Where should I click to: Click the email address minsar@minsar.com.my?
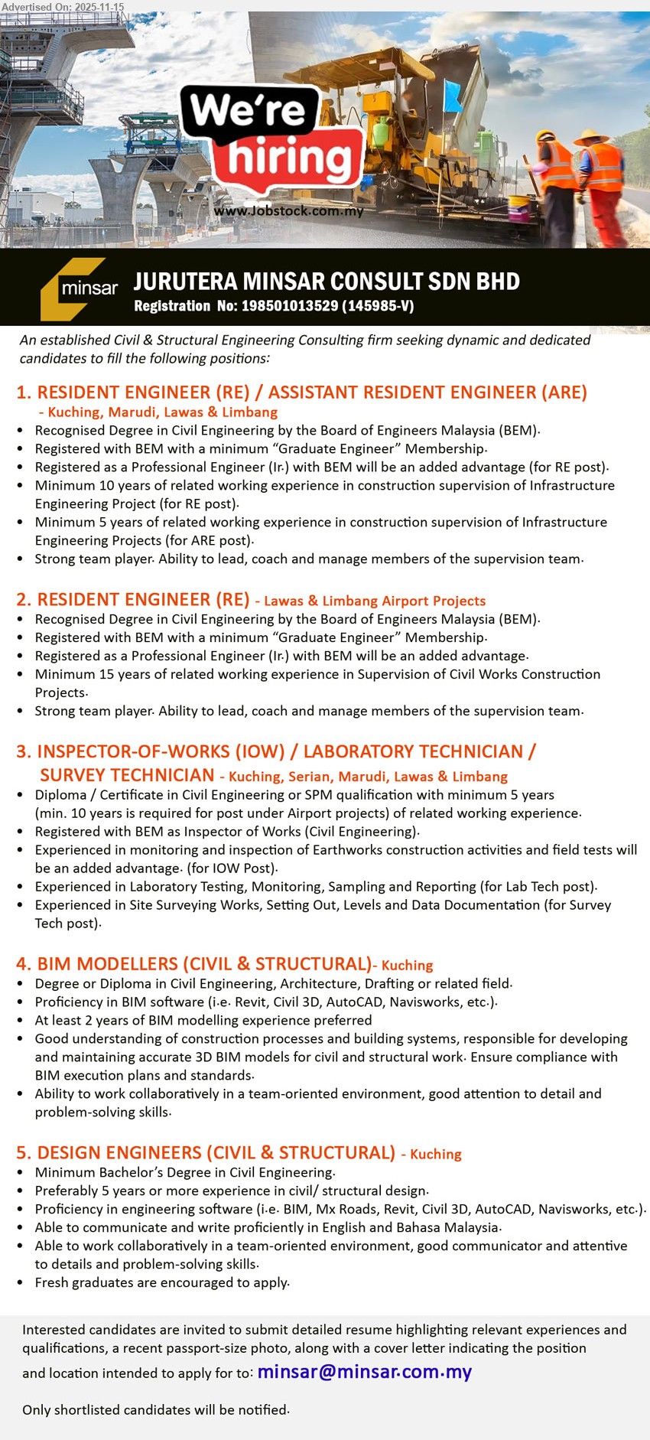[364, 1372]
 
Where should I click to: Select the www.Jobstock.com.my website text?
[288, 211]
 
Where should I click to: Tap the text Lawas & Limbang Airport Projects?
[375, 601]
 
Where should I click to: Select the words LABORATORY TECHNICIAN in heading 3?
[413, 752]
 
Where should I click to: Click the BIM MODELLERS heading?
[193, 964]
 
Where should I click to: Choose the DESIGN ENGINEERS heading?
[206, 1153]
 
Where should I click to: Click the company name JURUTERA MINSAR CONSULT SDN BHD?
[327, 282]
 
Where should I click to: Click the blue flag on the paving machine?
[453, 96]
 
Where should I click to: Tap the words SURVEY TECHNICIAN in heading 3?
[127, 775]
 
